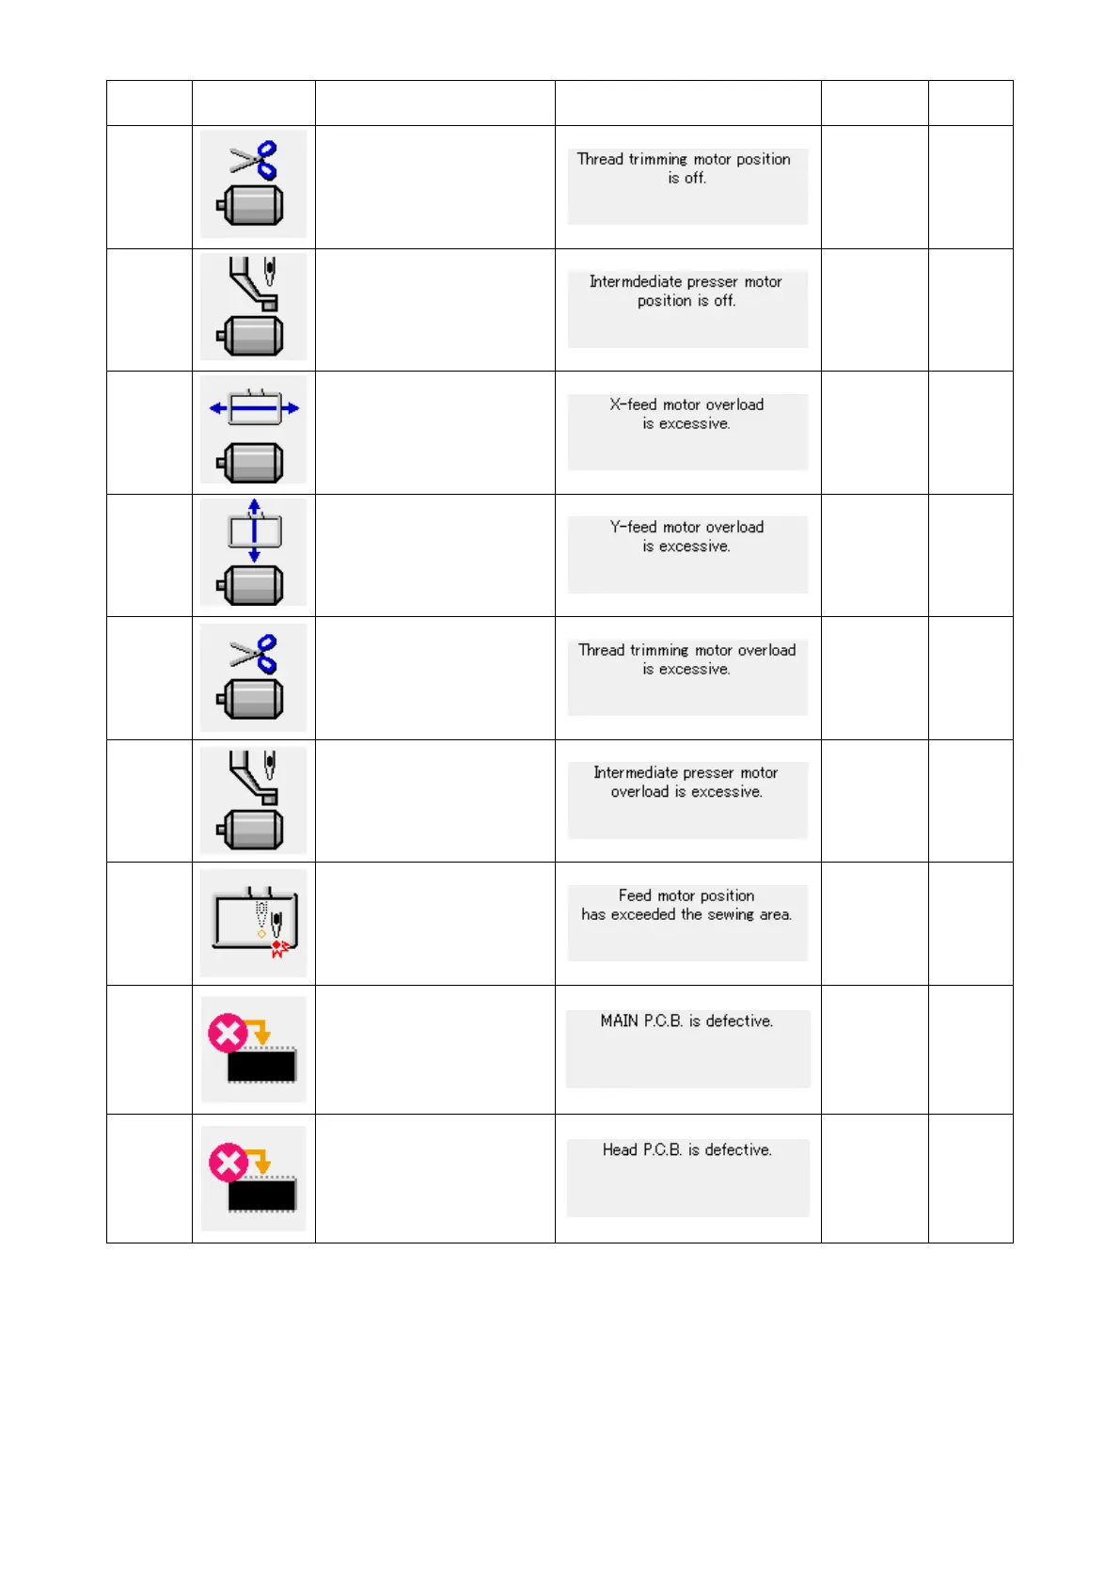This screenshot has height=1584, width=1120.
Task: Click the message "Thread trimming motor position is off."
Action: click(685, 168)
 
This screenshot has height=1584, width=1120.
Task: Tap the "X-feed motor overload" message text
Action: click(686, 405)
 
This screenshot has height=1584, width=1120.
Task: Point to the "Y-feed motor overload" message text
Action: click(686, 528)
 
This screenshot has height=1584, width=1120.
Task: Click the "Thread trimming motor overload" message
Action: click(686, 650)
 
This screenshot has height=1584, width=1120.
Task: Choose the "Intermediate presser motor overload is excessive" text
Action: click(686, 782)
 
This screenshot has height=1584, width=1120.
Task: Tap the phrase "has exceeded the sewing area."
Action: click(686, 914)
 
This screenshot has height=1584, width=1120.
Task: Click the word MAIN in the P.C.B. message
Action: click(620, 1021)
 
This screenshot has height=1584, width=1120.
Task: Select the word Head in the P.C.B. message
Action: click(620, 1149)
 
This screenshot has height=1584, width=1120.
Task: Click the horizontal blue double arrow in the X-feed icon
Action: click(254, 408)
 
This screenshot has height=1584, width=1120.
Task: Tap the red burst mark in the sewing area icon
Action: click(279, 948)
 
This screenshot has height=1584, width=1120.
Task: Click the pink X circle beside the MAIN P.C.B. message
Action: click(228, 1034)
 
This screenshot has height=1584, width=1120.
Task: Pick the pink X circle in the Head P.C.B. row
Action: click(228, 1164)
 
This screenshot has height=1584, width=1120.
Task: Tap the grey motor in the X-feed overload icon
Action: click(251, 462)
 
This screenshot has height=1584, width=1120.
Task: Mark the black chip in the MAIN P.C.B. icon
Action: click(261, 1066)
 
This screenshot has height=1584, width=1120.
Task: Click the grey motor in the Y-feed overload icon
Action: click(251, 585)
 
